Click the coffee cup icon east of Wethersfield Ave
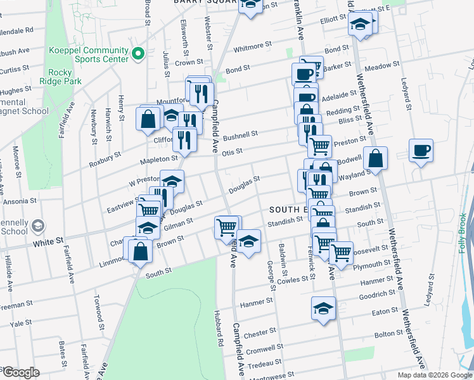421,151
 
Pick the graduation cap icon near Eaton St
323,308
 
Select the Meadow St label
383,65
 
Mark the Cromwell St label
267,348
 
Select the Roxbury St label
105,155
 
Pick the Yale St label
21,323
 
